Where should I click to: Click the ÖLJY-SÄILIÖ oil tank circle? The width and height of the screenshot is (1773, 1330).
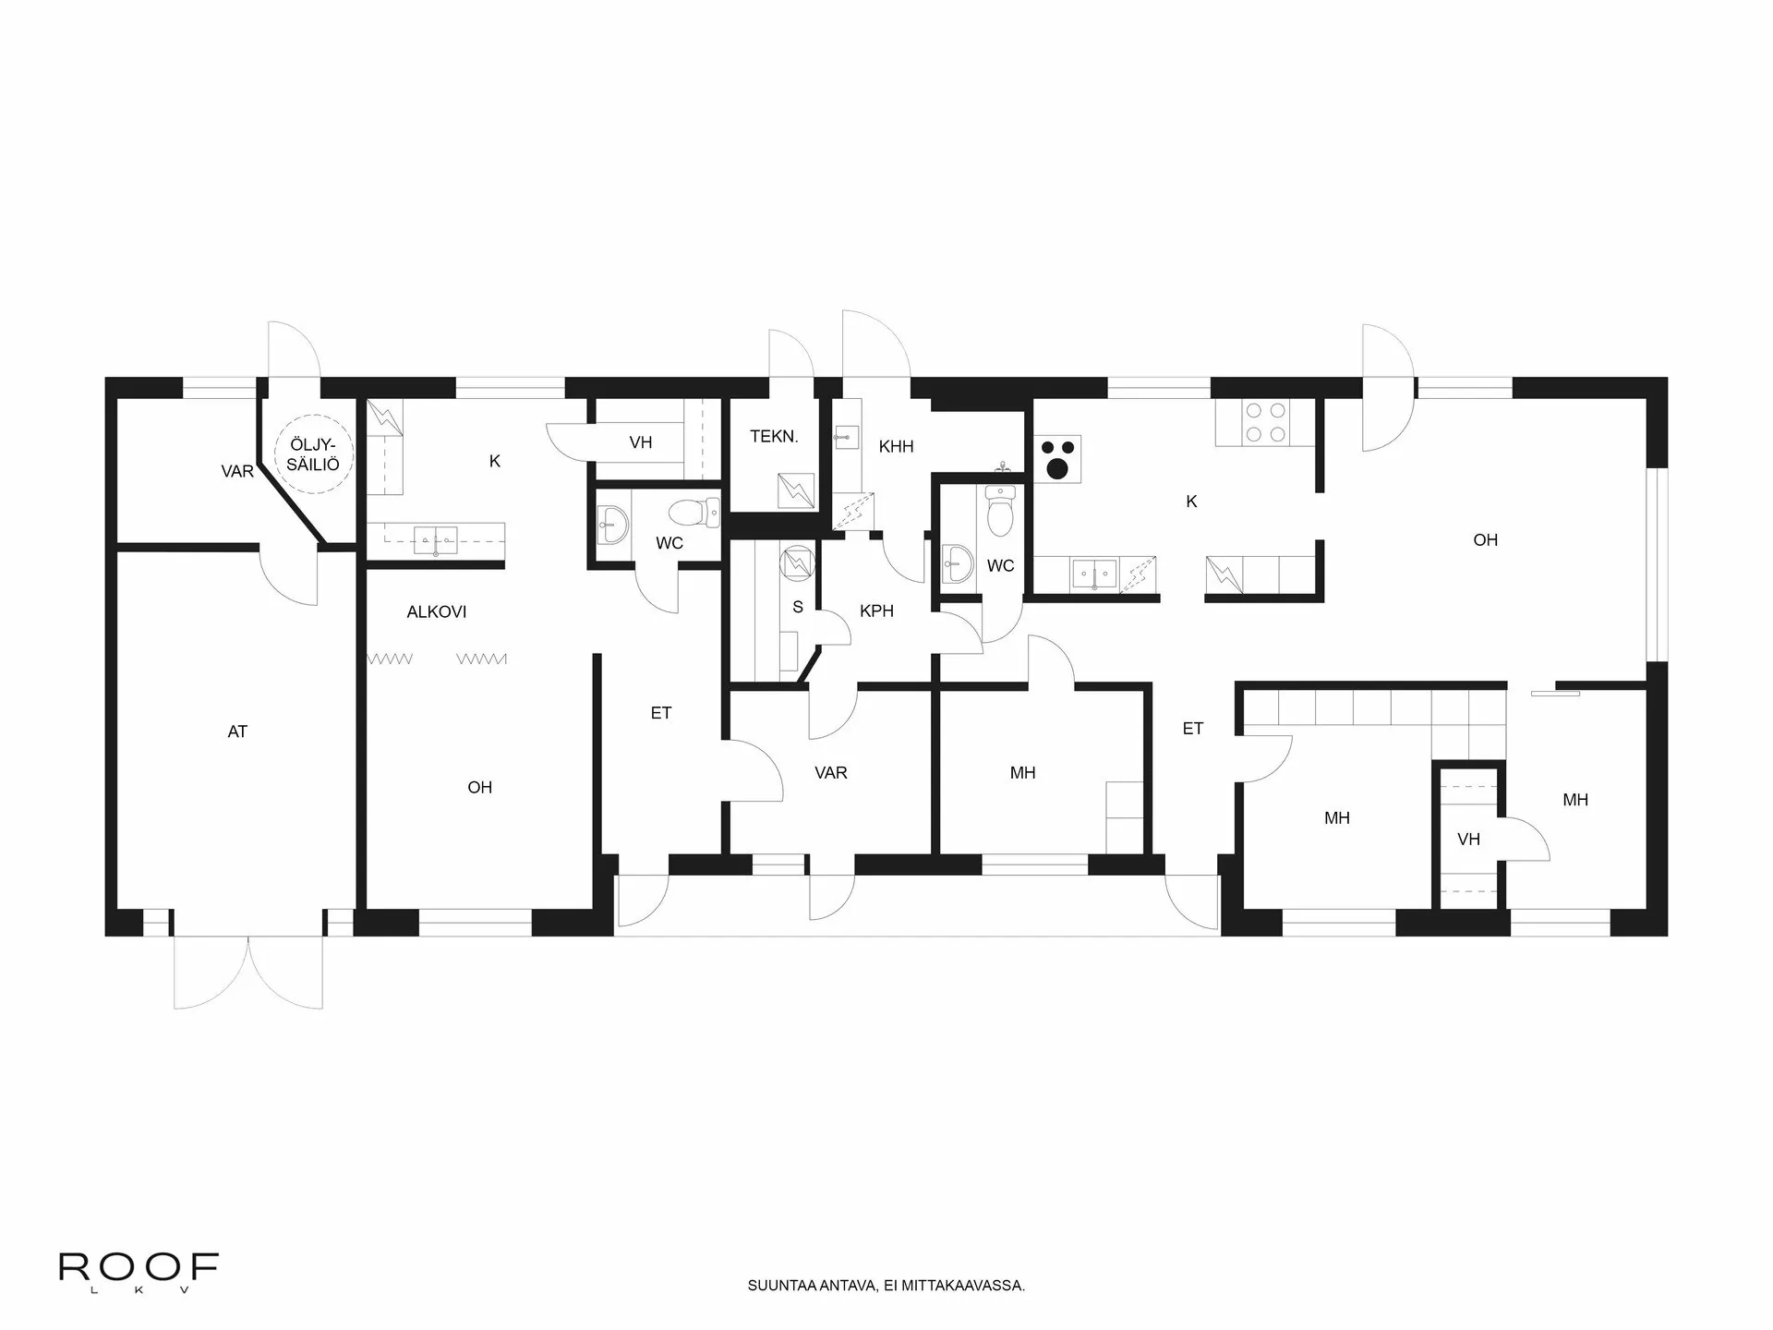(313, 453)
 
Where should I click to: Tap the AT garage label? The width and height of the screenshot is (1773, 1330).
(237, 731)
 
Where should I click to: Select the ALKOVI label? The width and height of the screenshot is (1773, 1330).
(437, 611)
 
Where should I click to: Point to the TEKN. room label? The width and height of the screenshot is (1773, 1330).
(774, 437)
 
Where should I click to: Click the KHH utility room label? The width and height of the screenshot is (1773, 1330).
(896, 447)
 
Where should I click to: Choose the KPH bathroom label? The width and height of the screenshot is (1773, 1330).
(876, 611)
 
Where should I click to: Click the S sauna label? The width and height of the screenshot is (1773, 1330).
(798, 607)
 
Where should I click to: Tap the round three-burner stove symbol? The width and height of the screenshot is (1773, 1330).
(1057, 459)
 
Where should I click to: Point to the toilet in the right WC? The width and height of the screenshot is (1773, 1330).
(1000, 513)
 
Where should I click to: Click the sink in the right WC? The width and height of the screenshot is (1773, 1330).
(957, 563)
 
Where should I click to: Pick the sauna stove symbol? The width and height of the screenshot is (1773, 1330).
(795, 562)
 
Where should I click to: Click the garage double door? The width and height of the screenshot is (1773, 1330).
(248, 972)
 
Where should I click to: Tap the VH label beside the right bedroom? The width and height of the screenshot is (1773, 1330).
(1468, 839)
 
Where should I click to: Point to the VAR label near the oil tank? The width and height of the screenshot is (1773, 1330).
(237, 472)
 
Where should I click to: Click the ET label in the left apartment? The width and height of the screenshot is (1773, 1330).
(661, 713)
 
